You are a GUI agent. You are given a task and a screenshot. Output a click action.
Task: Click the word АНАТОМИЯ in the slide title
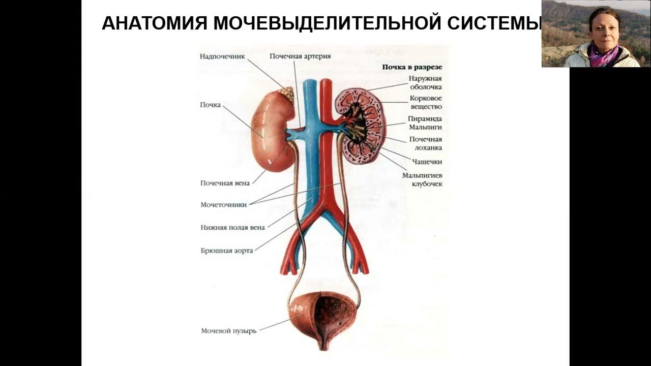coord(154,23)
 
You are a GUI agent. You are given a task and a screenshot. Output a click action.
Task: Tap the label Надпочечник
coord(222,56)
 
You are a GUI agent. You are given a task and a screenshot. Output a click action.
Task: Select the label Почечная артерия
coord(300,56)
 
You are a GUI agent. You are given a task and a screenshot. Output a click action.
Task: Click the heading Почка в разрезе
coord(412,67)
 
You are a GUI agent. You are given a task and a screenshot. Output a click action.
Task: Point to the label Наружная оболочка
coord(425,83)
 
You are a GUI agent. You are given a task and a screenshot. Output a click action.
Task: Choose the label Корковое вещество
coord(426,102)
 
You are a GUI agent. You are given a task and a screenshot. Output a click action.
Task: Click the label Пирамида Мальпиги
coord(425,123)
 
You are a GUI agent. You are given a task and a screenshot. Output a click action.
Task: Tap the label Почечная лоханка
coord(425,143)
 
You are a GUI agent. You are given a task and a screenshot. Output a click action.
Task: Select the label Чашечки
coord(427,162)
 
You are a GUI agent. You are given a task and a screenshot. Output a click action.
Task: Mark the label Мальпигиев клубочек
coord(422,179)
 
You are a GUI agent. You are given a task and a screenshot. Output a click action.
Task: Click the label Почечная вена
coord(225,183)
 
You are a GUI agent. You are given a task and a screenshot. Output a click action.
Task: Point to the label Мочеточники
coord(223,205)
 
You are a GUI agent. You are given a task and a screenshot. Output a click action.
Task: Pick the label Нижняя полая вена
coord(232,228)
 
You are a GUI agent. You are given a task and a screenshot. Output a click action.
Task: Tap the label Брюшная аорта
coord(226,251)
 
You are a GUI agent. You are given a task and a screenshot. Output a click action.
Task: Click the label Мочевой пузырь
coord(228,331)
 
